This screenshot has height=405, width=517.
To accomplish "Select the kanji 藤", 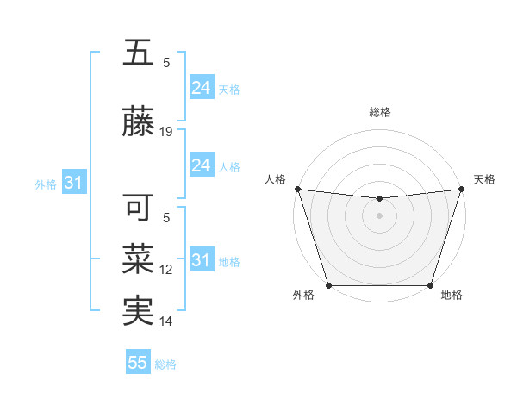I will point(137,123).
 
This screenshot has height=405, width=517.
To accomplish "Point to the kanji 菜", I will point(137,259).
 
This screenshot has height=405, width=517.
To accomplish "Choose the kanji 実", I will point(137,311).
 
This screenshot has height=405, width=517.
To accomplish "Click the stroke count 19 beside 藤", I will point(166,132).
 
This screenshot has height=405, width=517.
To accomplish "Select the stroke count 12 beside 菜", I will point(166,270).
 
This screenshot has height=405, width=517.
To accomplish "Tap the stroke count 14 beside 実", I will point(166,321).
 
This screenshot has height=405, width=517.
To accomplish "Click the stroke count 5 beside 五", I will point(166,62).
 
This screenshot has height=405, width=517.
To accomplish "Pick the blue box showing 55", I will point(138,363).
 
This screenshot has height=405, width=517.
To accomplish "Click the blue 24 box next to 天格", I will point(201,88).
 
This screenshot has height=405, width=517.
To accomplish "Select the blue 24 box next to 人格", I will point(201,165).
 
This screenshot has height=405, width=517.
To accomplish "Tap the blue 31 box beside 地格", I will point(201,260).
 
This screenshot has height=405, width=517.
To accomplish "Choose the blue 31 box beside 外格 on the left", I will point(73,183).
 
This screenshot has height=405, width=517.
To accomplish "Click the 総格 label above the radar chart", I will point(379,113).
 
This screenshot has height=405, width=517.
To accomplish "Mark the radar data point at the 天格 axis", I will point(461,189).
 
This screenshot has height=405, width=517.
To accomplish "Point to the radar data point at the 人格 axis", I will point(297,189).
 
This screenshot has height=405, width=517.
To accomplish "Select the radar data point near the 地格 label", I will point(430,285).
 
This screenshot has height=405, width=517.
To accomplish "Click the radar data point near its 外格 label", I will point(328,285).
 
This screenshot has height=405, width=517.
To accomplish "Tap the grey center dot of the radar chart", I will point(379,215).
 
